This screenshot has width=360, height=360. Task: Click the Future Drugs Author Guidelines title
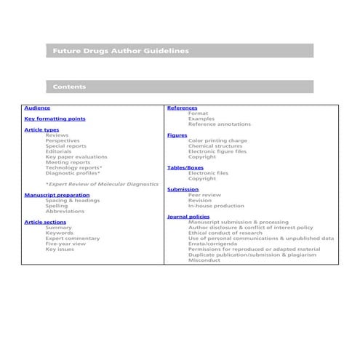121,51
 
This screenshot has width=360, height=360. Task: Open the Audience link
37,108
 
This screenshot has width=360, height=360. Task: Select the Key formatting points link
55,119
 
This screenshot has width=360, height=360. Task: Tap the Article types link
41,129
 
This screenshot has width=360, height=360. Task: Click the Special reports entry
65,146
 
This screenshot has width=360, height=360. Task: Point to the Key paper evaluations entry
76,157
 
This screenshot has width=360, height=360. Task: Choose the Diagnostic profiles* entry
73,173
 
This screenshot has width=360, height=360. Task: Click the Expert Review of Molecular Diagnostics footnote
101,184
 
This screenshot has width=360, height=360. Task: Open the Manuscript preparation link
57,195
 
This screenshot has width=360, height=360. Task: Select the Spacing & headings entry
72,200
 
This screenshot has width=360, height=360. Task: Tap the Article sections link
45,222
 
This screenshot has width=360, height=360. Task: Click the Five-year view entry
65,244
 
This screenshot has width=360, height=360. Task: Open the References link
182,108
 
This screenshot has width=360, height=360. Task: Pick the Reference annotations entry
220,124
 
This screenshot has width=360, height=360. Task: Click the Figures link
177,135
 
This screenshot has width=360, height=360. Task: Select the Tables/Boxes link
185,168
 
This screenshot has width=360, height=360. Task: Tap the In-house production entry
216,206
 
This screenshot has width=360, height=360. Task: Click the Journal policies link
188,217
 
